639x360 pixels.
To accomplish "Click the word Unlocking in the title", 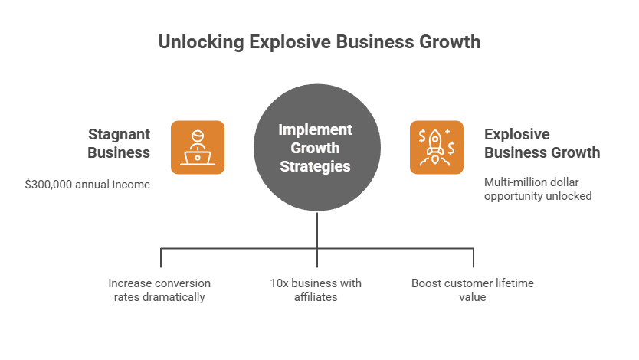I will pyautogui.click(x=200, y=41).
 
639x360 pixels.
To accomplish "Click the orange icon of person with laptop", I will pyautogui.click(x=198, y=147).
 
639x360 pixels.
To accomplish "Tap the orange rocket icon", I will pyautogui.click(x=436, y=147).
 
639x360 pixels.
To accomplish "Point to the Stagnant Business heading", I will pyautogui.click(x=119, y=143).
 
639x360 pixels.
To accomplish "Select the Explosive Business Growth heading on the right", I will pyautogui.click(x=542, y=143).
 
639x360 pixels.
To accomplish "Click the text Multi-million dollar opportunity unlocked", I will pyautogui.click(x=538, y=189).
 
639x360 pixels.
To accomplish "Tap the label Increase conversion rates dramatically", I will pyautogui.click(x=159, y=290).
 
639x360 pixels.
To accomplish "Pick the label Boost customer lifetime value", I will pyautogui.click(x=473, y=290).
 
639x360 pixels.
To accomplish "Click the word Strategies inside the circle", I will pyautogui.click(x=315, y=165).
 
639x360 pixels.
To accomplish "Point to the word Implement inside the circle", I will pyautogui.click(x=315, y=130).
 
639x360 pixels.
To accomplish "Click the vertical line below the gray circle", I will pyautogui.click(x=318, y=230).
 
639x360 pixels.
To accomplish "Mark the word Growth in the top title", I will pyautogui.click(x=447, y=41).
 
